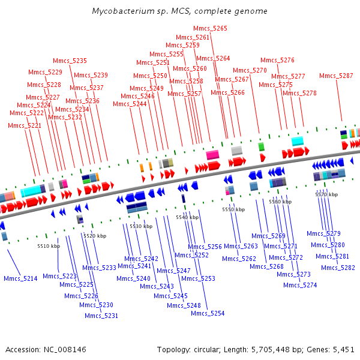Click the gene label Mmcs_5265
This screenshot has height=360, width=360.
[x=210, y=28]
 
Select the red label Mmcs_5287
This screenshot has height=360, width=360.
[x=336, y=76]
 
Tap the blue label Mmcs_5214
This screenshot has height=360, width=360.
[x=20, y=278]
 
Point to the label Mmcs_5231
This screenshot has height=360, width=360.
[x=101, y=316]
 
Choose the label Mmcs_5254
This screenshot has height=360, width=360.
[x=208, y=313]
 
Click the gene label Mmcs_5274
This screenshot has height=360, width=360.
[x=300, y=285]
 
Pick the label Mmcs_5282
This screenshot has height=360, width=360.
[x=338, y=268]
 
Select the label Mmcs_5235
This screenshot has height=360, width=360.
[x=70, y=61]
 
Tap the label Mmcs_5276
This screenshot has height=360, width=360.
[x=277, y=60]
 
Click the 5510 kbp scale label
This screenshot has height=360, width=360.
[x=49, y=246]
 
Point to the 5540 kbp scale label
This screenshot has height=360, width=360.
[x=187, y=217]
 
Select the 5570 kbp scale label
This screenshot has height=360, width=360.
[x=326, y=194]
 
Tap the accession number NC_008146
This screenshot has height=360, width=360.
[x=65, y=350]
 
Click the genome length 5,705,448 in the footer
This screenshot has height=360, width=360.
[x=271, y=350]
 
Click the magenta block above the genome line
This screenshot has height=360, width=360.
[x=212, y=155]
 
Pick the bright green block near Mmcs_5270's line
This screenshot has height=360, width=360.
[x=261, y=147]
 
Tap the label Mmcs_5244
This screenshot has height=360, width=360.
[x=130, y=104]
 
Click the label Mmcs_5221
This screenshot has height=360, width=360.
[x=25, y=125]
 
